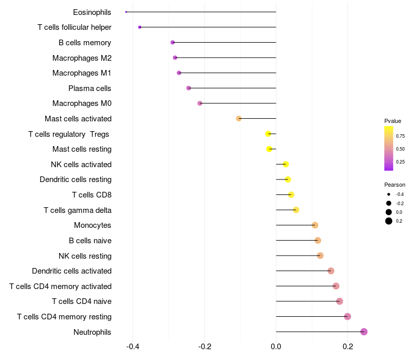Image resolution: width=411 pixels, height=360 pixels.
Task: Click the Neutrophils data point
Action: [x=364, y=332]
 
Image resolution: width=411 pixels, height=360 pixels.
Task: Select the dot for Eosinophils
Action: [x=126, y=12]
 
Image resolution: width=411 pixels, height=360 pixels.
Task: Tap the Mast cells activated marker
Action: [x=239, y=119]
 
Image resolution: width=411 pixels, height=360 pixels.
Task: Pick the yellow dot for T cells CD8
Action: [x=291, y=194]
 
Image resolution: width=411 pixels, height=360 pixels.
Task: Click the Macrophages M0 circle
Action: [x=200, y=103]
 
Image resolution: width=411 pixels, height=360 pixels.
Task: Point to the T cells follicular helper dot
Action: [x=140, y=27]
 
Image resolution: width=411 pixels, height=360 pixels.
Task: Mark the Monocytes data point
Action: [x=315, y=225]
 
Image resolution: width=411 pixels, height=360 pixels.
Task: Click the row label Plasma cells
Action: [x=90, y=88]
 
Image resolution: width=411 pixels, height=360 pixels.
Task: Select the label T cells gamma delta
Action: [x=78, y=210]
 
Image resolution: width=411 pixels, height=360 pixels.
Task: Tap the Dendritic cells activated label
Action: [x=71, y=271]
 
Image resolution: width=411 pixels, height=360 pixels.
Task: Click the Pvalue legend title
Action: [x=393, y=121]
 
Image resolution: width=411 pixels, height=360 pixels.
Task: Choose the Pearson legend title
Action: [x=395, y=185]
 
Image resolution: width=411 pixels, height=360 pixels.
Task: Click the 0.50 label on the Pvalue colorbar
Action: [x=401, y=149]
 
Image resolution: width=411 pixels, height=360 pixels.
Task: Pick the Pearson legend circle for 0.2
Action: [x=389, y=221]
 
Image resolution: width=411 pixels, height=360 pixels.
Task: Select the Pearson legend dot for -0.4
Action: [x=389, y=194]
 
